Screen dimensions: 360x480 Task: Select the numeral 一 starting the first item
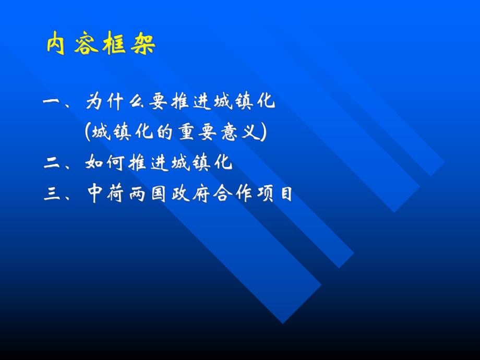click(x=53, y=103)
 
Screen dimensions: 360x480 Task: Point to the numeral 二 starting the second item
click(x=53, y=164)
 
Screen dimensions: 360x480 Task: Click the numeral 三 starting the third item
click(x=53, y=195)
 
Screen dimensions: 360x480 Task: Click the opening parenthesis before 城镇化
click(x=87, y=133)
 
